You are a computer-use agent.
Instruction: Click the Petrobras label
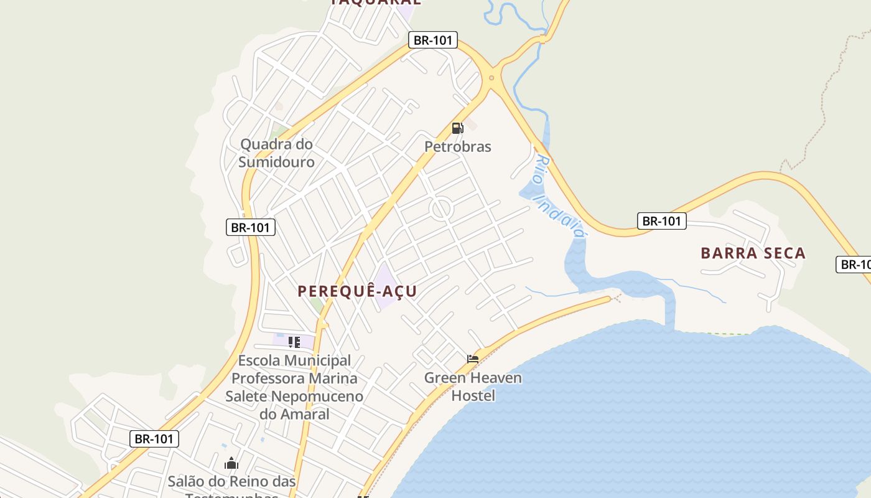[x=458, y=147]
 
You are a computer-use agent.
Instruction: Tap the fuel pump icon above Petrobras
[x=457, y=128]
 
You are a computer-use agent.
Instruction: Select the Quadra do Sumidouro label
[x=276, y=153]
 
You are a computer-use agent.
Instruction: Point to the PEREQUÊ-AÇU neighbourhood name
[x=357, y=291]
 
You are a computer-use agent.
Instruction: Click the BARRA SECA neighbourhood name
[x=753, y=253]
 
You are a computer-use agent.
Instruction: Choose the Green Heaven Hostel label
[x=473, y=387]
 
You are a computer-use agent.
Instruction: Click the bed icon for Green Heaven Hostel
[x=473, y=359]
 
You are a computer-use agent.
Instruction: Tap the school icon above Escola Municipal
[x=294, y=342]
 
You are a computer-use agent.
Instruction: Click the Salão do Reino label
[x=232, y=482]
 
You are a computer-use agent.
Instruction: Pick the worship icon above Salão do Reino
[x=231, y=463]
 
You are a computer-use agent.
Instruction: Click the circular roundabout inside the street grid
[x=441, y=209]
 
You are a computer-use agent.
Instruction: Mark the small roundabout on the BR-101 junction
[x=491, y=78]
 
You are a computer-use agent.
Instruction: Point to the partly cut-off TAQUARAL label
[x=375, y=2]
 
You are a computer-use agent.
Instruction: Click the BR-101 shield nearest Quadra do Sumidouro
[x=250, y=227]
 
